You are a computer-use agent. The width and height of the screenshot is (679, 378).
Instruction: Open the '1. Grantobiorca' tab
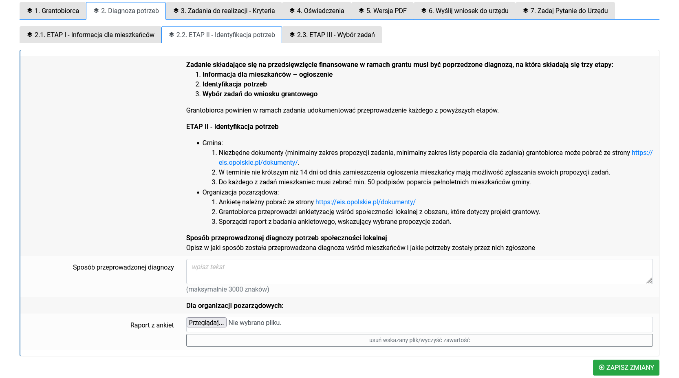click(53, 11)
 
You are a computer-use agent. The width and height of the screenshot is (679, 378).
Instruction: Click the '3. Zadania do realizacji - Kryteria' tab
click(224, 11)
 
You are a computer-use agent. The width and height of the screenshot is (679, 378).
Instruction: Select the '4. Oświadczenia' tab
click(317, 11)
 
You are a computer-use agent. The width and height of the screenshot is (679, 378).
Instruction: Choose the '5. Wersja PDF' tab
click(383, 11)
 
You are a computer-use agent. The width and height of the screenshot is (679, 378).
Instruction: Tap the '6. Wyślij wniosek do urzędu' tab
click(465, 11)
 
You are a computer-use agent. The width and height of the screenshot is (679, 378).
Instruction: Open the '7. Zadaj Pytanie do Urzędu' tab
click(565, 11)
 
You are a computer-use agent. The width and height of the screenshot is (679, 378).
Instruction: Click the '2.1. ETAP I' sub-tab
click(90, 35)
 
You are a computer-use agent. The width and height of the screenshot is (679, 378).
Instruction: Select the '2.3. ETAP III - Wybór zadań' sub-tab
click(332, 35)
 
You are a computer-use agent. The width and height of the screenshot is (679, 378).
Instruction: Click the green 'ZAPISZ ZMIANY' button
click(626, 367)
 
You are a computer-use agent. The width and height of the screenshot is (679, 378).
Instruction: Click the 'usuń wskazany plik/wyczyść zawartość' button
click(419, 340)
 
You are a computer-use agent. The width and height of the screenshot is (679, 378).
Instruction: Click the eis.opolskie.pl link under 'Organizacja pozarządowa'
click(365, 202)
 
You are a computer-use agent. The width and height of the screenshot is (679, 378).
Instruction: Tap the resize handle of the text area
click(649, 280)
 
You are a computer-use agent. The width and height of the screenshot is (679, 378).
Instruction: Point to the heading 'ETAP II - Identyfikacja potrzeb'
click(232, 126)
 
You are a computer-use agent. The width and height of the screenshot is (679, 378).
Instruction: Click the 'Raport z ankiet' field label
click(152, 325)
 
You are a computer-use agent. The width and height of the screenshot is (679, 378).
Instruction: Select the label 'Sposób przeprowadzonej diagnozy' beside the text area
click(123, 267)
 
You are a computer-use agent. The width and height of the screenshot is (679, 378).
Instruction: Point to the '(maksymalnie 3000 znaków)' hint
click(227, 289)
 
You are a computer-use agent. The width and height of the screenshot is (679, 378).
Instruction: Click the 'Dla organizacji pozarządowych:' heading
click(235, 305)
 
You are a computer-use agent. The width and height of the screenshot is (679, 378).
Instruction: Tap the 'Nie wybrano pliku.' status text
click(255, 323)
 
